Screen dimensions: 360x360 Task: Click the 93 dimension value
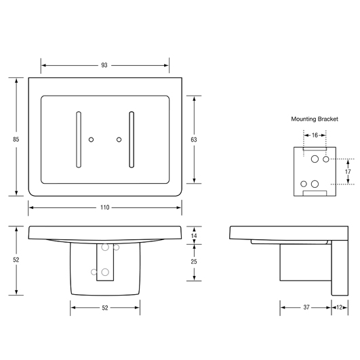(104, 66)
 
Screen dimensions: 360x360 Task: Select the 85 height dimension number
(16, 140)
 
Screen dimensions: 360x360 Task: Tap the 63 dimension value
(194, 140)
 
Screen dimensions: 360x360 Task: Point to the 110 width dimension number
(104, 207)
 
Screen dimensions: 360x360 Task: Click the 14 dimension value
(194, 235)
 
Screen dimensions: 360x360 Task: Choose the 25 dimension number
(194, 262)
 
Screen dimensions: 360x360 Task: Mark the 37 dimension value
(306, 307)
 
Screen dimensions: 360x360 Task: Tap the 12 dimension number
(340, 307)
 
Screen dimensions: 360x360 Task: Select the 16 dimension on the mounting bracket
(315, 135)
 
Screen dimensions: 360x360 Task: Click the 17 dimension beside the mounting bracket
(348, 172)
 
